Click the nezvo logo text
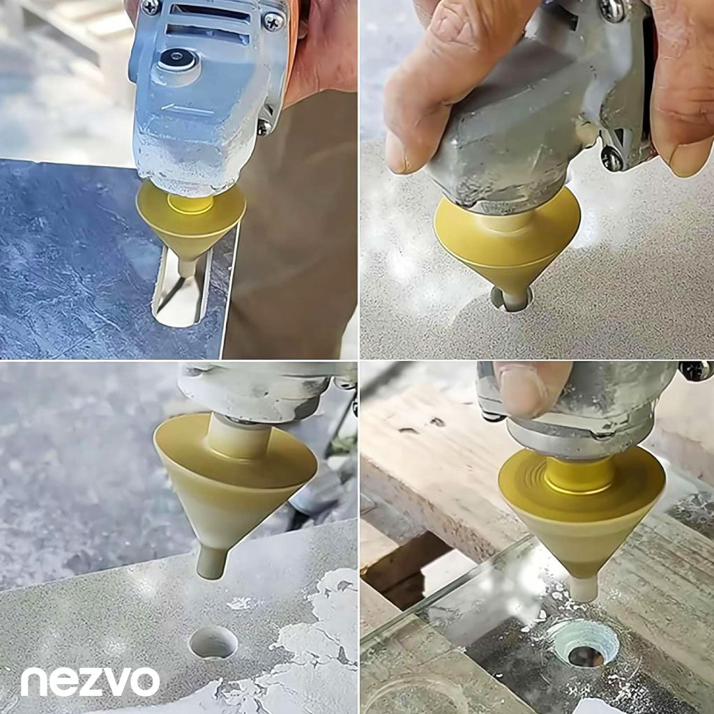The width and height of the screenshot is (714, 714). pos(90,682)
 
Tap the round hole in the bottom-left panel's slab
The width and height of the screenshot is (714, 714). pos(213,642)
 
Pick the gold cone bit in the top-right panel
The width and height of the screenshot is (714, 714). pos(508,246)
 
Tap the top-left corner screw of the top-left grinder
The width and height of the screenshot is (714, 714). pos(151,6)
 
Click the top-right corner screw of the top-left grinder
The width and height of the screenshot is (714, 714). pos(273,21)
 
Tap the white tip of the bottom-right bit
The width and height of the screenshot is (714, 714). pos(584,587)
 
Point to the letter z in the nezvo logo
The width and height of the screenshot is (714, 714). pos(90,682)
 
